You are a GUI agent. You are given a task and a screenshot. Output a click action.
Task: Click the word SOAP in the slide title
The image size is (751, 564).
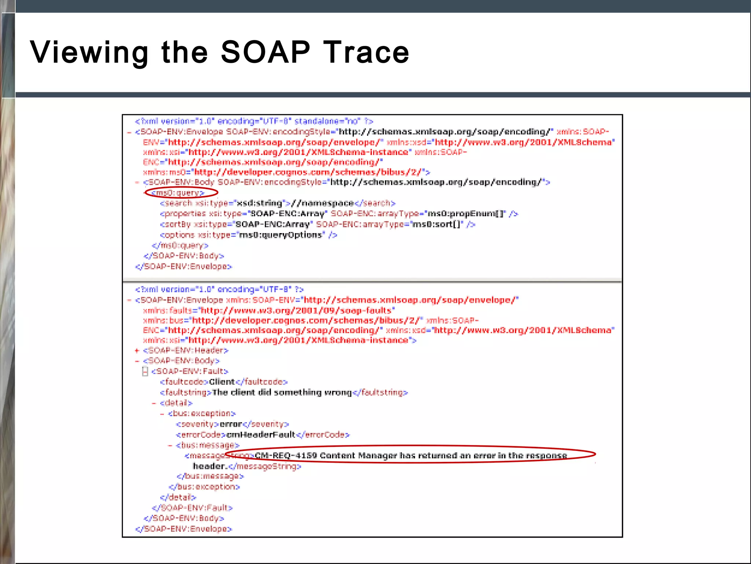click(x=265, y=52)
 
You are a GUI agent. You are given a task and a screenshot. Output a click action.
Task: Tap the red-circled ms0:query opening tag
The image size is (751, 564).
click(x=178, y=193)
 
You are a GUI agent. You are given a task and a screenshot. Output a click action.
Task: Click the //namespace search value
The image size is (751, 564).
click(x=322, y=203)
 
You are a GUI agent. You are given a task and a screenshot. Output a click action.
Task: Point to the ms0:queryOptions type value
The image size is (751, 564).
click(x=281, y=235)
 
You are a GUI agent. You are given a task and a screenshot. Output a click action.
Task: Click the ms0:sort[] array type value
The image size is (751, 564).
click(x=436, y=224)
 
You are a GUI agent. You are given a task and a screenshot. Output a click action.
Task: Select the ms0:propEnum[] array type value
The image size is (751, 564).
click(x=466, y=214)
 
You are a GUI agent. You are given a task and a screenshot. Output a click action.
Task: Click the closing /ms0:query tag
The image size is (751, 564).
click(x=180, y=245)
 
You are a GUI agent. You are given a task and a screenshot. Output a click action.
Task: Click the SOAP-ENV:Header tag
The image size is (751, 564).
click(x=186, y=351)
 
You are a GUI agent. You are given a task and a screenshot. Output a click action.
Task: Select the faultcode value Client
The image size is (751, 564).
click(x=221, y=382)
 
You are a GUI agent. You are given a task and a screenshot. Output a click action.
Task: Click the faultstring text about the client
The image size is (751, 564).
click(x=282, y=393)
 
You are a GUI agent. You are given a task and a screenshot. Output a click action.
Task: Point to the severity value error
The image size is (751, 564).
click(x=231, y=424)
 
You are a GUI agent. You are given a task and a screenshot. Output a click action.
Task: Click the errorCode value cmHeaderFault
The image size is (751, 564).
click(x=261, y=435)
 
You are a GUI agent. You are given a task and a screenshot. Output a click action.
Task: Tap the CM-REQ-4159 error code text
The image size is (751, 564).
click(x=285, y=456)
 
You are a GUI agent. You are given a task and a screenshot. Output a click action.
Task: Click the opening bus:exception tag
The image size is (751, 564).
click(x=202, y=414)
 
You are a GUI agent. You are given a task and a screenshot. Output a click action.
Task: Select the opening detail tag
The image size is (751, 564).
click(x=176, y=403)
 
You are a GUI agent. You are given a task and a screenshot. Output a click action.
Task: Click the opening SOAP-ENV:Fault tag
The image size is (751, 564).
click(x=190, y=372)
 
